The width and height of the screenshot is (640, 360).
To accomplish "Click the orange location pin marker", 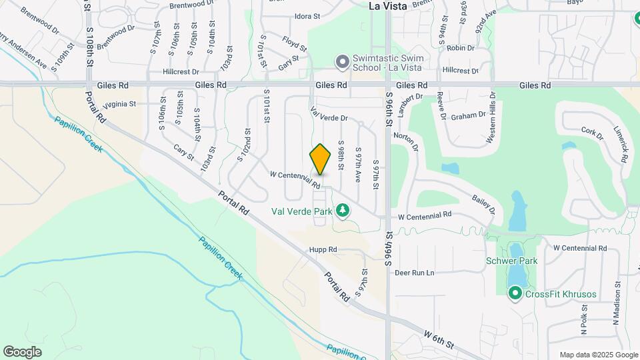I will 321,159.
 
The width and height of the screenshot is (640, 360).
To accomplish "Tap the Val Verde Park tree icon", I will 343,211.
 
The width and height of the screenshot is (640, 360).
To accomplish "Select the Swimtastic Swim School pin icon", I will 343,63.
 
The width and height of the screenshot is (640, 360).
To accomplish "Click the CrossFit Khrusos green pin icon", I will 515,293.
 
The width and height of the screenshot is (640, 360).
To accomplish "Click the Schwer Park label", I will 511,261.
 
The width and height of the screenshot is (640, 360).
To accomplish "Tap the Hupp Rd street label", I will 323,250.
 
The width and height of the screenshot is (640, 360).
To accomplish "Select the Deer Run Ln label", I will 414,273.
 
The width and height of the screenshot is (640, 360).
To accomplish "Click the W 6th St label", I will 439,337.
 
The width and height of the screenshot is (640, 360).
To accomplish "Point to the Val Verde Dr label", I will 329,114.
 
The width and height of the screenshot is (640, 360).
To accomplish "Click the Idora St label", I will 307,16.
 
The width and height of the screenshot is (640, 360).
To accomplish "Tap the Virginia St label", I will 119,104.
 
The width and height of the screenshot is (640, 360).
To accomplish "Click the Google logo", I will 22,352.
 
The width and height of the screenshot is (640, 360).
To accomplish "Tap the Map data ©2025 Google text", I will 598,355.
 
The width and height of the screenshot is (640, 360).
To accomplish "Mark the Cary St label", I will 183,152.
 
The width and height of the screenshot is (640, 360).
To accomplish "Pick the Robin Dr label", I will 461,48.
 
